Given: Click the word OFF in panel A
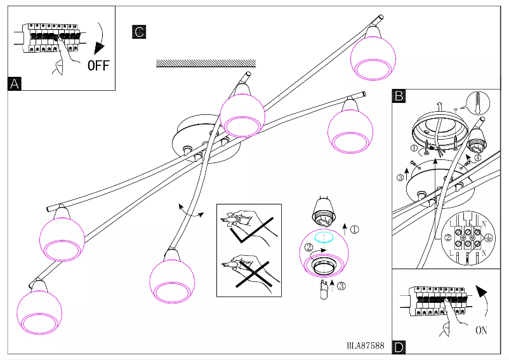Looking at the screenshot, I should pyautogui.click(x=98, y=65).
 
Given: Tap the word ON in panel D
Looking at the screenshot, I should pyautogui.click(x=482, y=330).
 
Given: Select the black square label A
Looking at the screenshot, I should pyautogui.click(x=15, y=83).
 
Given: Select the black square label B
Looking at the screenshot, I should pyautogui.click(x=399, y=96).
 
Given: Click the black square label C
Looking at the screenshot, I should pyautogui.click(x=139, y=31).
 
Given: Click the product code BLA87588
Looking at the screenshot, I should pyautogui.click(x=366, y=346).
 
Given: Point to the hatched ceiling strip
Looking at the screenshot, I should pyautogui.click(x=206, y=63).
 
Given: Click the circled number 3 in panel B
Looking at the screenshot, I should pyautogui.click(x=401, y=178).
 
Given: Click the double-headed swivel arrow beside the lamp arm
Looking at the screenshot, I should pyautogui.click(x=190, y=210).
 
